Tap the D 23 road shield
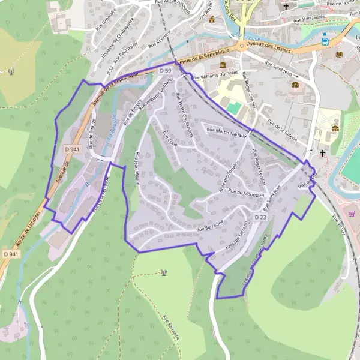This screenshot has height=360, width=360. tap(260, 217)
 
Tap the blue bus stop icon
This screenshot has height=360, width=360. tap(325, 41)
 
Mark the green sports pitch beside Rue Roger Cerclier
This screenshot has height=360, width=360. tap(233, 108)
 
